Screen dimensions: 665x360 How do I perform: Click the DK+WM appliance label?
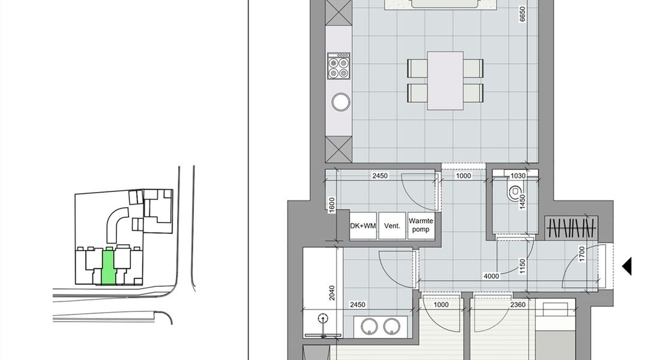363,226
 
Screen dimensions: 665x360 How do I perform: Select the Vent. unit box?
392,226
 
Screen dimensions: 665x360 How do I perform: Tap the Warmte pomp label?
421,225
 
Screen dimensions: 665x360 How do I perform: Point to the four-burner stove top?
339,66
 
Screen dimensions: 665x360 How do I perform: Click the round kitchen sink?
341,102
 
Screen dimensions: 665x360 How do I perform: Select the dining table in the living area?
445,80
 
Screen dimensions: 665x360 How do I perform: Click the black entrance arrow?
627,266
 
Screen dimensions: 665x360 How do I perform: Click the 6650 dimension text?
523,14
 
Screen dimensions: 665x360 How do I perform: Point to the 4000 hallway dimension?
491,276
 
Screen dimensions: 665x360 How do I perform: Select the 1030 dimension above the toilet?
518,176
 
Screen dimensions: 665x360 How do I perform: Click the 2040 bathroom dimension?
332,293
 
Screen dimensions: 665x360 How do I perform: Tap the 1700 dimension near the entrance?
582,254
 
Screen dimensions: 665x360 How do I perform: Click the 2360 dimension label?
518,304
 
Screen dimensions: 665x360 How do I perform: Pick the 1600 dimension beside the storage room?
332,205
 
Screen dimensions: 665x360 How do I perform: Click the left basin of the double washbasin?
369,326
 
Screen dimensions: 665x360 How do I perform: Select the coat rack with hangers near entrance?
571,228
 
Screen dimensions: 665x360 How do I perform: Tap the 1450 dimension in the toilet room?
523,202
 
